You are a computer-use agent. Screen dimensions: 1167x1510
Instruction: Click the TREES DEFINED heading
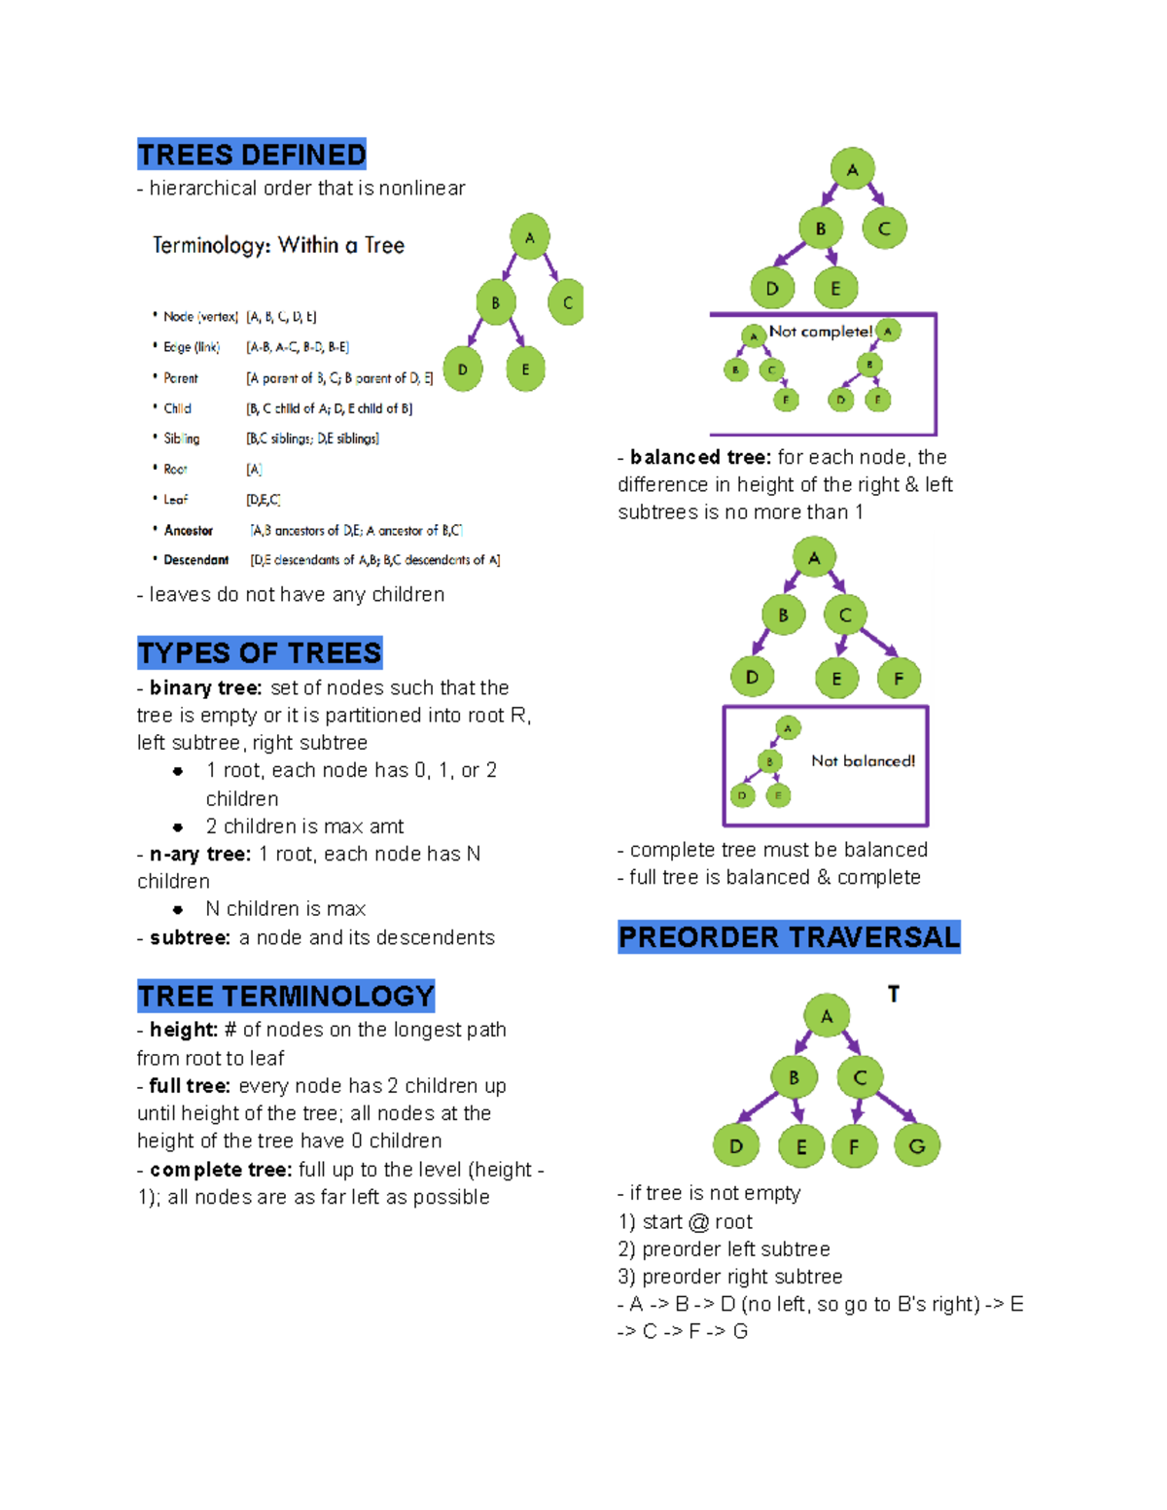point(252,155)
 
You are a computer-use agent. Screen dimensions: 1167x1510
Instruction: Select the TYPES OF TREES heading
point(260,652)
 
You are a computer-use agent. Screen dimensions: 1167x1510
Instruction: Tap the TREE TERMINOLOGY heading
point(286,996)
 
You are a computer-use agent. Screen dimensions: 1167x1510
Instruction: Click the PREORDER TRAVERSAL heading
point(789,936)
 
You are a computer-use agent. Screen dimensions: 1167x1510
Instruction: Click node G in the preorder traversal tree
point(916,1145)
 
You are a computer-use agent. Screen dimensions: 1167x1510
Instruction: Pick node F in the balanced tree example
point(899,678)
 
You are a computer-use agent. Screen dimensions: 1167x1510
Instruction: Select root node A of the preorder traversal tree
point(827,1016)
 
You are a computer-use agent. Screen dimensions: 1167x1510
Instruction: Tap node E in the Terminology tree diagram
point(525,369)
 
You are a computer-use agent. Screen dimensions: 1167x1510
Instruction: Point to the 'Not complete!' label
point(820,332)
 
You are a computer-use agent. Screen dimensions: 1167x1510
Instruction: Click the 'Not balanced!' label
point(863,760)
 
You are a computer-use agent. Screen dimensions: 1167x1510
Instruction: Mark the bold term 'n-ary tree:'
point(200,854)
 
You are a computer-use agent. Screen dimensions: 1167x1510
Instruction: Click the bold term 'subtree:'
point(190,937)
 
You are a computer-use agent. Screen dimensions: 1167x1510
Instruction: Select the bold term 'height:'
point(184,1030)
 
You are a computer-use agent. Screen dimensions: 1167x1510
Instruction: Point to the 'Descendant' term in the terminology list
point(195,560)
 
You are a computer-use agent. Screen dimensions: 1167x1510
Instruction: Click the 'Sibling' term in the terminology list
point(181,439)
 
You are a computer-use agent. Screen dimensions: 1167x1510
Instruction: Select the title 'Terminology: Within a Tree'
point(278,245)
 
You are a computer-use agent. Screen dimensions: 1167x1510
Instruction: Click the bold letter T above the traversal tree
point(894,994)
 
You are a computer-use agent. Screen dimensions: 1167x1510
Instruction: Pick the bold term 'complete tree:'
point(221,1169)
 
